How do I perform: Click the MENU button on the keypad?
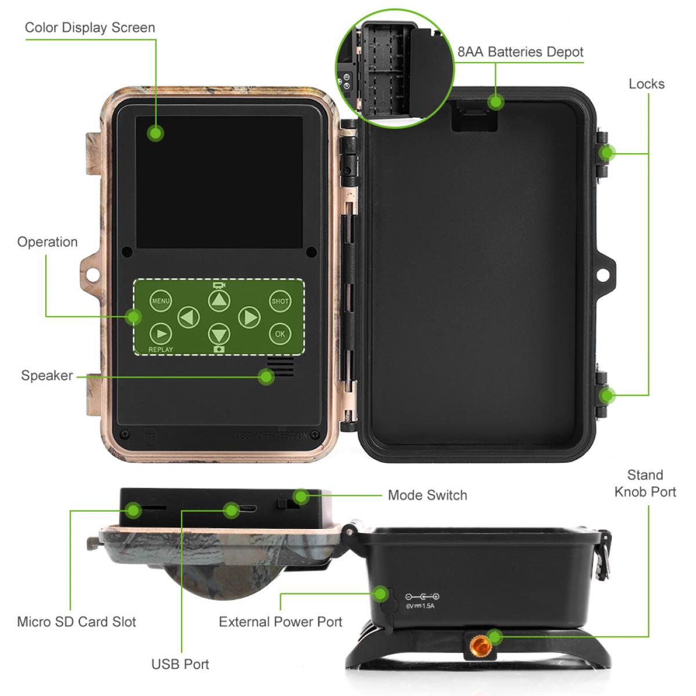pyautogui.click(x=161, y=300)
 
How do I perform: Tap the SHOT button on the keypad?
pyautogui.click(x=280, y=300)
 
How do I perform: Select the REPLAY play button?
pyautogui.click(x=161, y=333)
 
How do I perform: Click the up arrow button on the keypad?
pyautogui.click(x=219, y=300)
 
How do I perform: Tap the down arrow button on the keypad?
pyautogui.click(x=219, y=335)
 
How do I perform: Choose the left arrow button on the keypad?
pyautogui.click(x=188, y=317)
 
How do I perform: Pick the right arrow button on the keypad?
pyautogui.click(x=249, y=317)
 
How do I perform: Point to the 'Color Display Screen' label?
pyautogui.click(x=90, y=27)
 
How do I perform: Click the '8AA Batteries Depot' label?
pyautogui.click(x=520, y=52)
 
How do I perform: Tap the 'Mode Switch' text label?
pyautogui.click(x=427, y=495)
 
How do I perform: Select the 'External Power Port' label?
pyautogui.click(x=280, y=622)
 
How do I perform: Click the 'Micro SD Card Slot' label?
pyautogui.click(x=77, y=622)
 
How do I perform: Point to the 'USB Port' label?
pyautogui.click(x=180, y=664)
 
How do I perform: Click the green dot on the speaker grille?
pyautogui.click(x=266, y=377)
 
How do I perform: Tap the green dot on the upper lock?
pyautogui.click(x=607, y=153)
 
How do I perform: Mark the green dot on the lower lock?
pyautogui.click(x=607, y=396)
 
